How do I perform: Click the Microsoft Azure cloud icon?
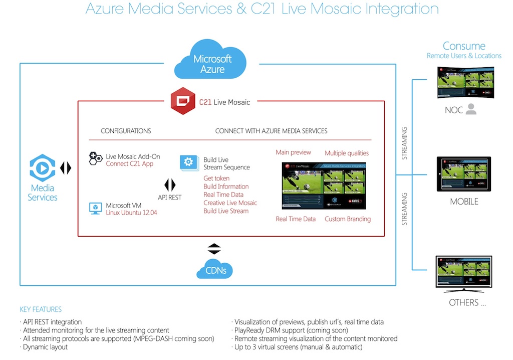coord(212,61)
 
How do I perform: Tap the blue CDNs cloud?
coord(214,270)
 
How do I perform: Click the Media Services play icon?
coord(42,168)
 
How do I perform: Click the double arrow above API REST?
coord(170,185)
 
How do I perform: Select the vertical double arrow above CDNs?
coord(214,248)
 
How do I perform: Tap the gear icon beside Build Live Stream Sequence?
coord(188,162)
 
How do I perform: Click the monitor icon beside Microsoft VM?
coord(95,208)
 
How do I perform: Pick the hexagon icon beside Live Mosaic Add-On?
coord(95,158)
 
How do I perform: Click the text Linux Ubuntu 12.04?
coord(129,214)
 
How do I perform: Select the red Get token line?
coord(216,178)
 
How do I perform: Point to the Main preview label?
coord(293,152)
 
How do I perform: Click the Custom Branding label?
coord(347,219)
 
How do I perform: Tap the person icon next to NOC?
coord(470,109)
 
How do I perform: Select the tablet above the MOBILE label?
coord(463,173)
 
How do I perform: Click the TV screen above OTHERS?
coord(464,273)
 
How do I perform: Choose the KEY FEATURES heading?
coord(41,309)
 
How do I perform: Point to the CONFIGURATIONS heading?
coord(126,131)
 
